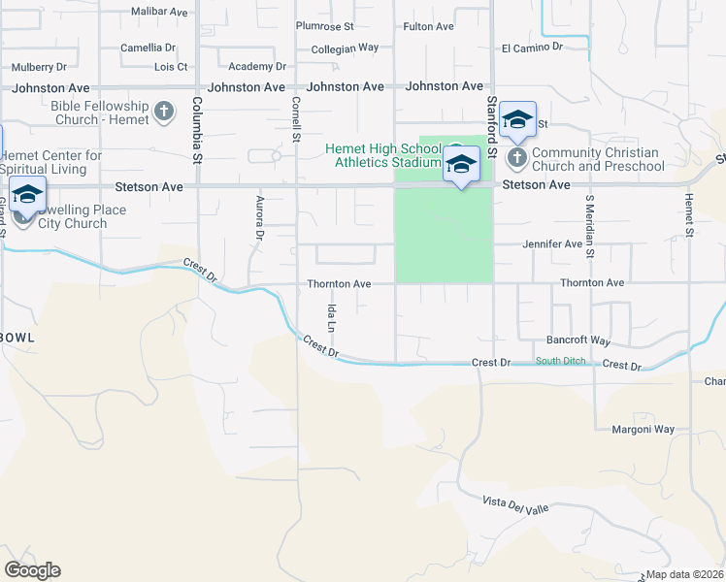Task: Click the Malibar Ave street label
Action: pyautogui.click(x=159, y=12)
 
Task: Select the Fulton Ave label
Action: pyautogui.click(x=428, y=26)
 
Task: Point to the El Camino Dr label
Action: pyautogui.click(x=532, y=47)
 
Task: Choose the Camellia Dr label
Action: pyautogui.click(x=148, y=47)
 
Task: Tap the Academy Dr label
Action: pyautogui.click(x=257, y=66)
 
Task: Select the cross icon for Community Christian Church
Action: pyautogui.click(x=517, y=157)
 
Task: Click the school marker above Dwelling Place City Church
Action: pyautogui.click(x=27, y=194)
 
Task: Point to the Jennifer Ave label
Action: pyautogui.click(x=552, y=244)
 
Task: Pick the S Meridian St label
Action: pyautogui.click(x=588, y=221)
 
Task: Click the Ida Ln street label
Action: pyautogui.click(x=331, y=316)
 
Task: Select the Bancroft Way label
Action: pyautogui.click(x=578, y=341)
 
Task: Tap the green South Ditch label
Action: pyautogui.click(x=561, y=362)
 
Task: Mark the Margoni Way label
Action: pyautogui.click(x=643, y=429)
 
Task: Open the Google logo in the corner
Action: pyautogui.click(x=32, y=570)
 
